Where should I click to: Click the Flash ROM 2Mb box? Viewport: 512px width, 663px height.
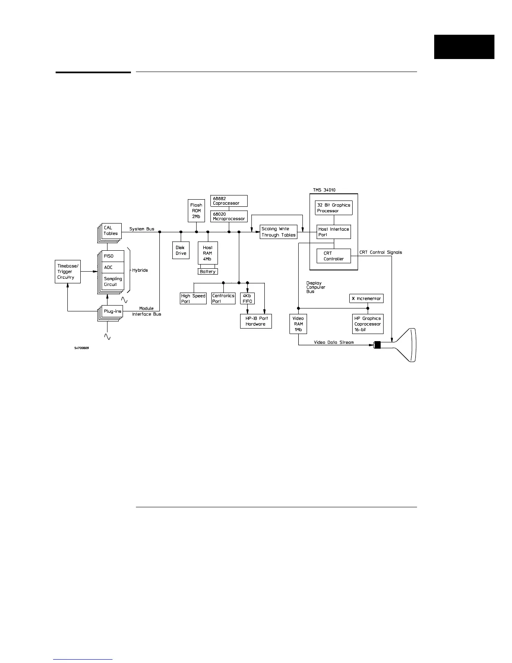click(196, 211)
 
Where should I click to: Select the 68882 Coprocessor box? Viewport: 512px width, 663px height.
click(228, 200)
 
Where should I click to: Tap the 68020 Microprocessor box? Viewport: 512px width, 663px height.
click(228, 216)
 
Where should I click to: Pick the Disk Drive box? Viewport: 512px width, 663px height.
click(181, 250)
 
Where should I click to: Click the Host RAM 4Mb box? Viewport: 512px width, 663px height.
click(207, 253)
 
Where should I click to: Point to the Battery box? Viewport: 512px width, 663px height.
click(207, 272)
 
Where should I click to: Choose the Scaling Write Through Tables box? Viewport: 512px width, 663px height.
click(278, 232)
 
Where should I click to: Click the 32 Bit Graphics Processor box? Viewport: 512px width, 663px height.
click(333, 208)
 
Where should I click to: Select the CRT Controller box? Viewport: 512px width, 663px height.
click(333, 256)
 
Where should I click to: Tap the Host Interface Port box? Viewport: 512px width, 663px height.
click(333, 232)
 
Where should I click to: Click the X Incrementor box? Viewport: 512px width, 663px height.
click(366, 298)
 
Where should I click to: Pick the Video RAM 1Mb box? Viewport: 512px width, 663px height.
click(298, 324)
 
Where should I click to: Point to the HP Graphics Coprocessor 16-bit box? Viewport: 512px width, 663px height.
click(367, 324)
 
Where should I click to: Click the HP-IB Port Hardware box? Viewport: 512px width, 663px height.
click(256, 321)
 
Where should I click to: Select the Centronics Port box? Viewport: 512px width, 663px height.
click(223, 298)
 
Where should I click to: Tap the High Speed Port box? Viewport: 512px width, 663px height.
click(193, 298)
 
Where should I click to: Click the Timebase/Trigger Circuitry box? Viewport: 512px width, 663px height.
click(67, 271)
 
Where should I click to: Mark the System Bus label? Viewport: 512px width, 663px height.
click(141, 229)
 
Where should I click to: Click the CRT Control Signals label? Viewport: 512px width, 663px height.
click(380, 252)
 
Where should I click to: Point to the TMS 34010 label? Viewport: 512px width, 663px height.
click(324, 190)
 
